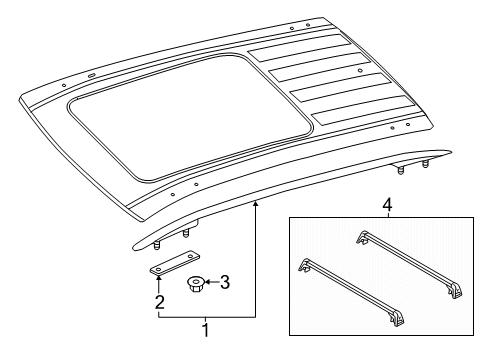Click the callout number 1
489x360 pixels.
point(206,330)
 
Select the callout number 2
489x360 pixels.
point(160,302)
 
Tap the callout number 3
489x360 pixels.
point(225,282)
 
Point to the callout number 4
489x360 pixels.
point(387,205)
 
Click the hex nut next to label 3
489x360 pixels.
point(194,284)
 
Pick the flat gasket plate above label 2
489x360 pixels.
point(174,263)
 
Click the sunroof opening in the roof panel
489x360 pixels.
point(189,118)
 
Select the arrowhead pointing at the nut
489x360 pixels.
point(206,282)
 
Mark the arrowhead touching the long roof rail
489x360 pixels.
point(255,203)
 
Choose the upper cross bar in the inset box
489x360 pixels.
point(410,264)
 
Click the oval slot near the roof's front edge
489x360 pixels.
point(92,76)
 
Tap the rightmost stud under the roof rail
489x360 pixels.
point(425,164)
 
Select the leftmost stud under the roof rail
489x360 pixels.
point(155,246)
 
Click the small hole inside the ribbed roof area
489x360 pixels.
point(360,71)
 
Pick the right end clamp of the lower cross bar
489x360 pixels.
point(397,319)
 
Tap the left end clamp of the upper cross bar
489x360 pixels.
point(361,237)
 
